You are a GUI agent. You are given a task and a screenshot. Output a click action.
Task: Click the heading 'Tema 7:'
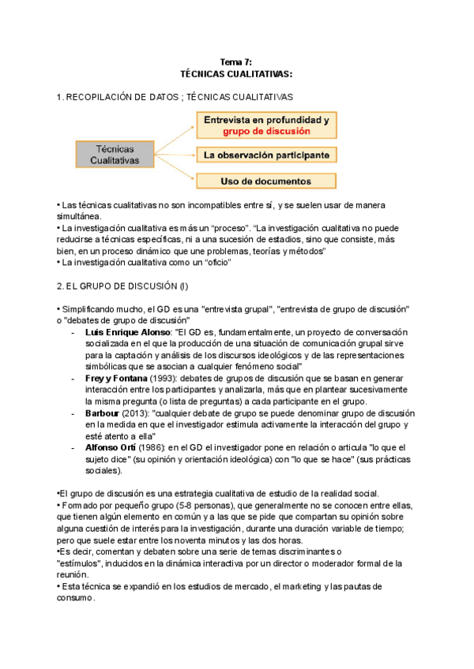pos(236,62)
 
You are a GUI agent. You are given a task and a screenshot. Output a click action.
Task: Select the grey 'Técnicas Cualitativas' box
pos(114,154)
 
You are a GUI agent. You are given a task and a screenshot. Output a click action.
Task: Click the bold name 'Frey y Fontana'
pos(118,379)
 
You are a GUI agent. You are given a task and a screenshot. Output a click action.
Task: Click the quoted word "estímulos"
pos(82,564)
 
